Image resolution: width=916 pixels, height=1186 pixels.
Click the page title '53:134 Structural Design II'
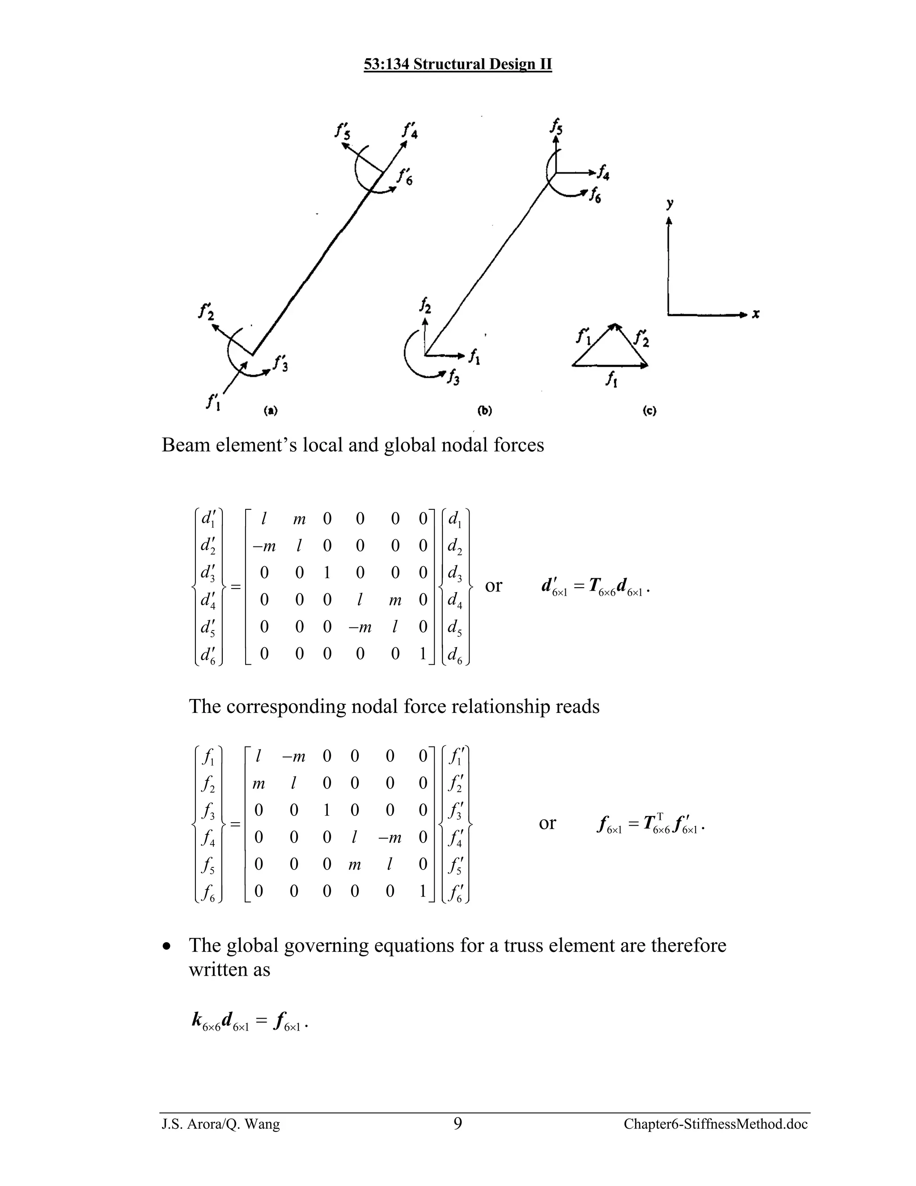pos(458,64)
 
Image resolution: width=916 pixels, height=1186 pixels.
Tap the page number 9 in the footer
pos(458,1123)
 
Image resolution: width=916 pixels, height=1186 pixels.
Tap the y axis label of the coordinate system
pos(670,204)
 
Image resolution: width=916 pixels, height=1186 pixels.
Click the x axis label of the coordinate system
pos(755,314)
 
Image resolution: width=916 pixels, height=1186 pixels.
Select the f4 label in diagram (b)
pos(602,174)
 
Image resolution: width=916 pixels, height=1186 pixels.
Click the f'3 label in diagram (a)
pos(280,363)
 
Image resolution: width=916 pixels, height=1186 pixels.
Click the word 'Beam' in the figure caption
pos(186,445)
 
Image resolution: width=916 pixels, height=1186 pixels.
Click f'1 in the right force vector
pos(455,756)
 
